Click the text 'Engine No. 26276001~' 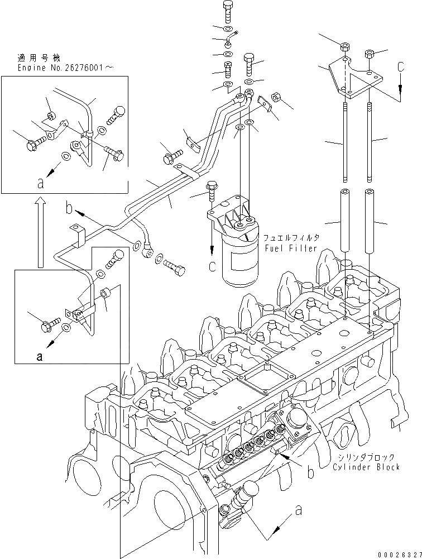(66, 67)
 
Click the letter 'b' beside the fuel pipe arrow (69, 209)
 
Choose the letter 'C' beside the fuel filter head (212, 266)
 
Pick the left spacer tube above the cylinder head (346, 221)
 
